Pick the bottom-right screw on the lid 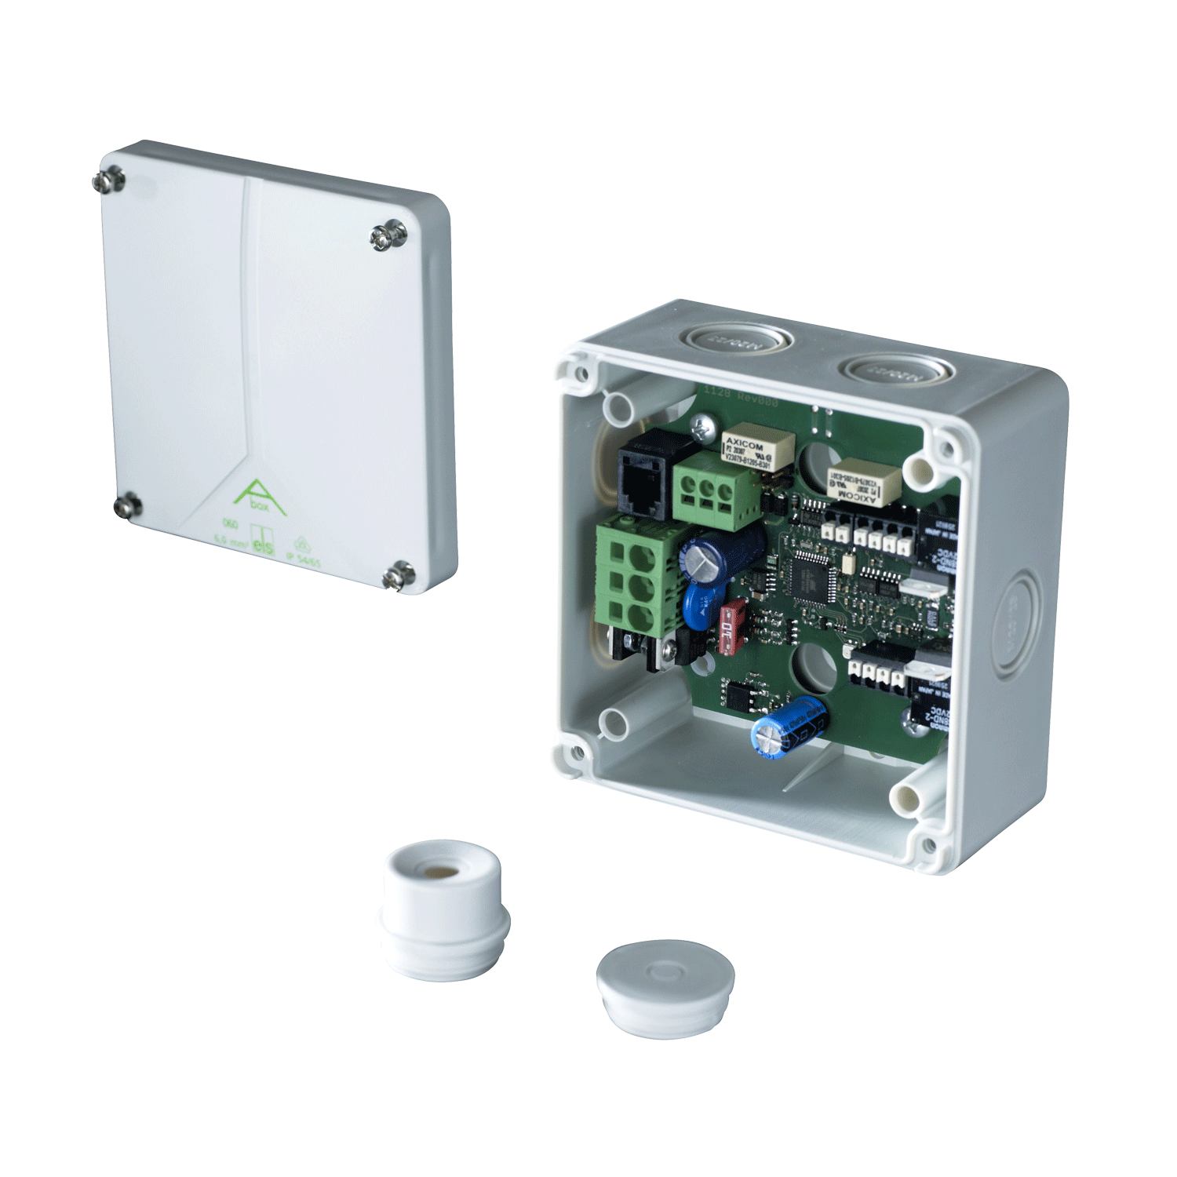point(400,575)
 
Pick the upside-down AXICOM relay point(864,484)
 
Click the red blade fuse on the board point(732,626)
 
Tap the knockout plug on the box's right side point(1016,624)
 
